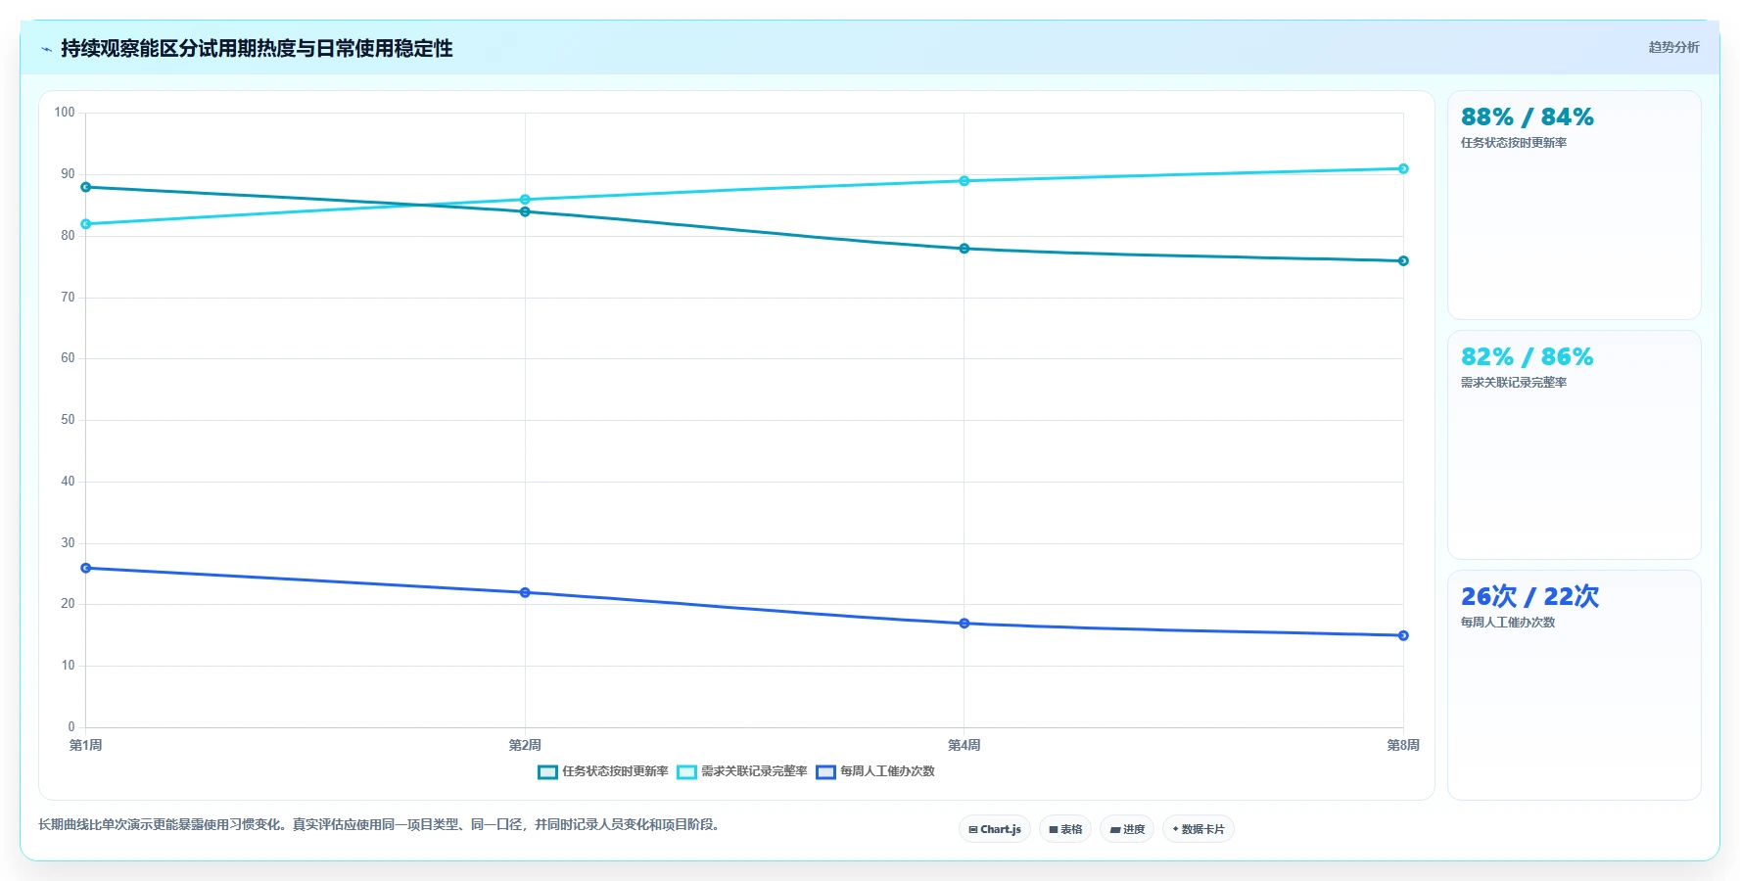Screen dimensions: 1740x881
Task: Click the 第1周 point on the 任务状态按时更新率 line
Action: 86,187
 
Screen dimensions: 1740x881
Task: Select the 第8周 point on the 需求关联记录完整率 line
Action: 1403,168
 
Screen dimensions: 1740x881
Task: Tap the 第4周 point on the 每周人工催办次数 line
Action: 964,624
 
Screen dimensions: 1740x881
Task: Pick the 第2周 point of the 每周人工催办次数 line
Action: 525,592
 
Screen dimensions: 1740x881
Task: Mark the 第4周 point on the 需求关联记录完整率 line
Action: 964,181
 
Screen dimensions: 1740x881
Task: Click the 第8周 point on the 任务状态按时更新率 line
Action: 1403,261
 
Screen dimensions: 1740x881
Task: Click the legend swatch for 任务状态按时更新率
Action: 547,772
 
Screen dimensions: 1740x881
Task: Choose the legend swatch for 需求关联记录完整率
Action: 686,772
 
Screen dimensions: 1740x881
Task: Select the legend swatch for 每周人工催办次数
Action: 825,772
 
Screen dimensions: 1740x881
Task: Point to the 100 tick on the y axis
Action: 65,113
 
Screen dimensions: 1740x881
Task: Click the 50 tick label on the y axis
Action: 68,420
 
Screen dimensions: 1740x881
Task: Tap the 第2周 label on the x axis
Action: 525,746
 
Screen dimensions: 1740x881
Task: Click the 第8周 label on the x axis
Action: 1403,746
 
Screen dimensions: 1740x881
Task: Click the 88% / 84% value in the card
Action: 1528,117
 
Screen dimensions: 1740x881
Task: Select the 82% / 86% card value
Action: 1528,357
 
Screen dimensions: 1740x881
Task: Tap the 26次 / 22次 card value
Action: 1529,596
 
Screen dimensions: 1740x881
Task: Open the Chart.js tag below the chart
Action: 995,829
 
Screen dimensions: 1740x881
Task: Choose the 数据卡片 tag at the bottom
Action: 1199,829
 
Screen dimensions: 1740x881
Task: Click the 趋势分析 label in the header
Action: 1673,47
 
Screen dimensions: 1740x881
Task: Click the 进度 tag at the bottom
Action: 1127,829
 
